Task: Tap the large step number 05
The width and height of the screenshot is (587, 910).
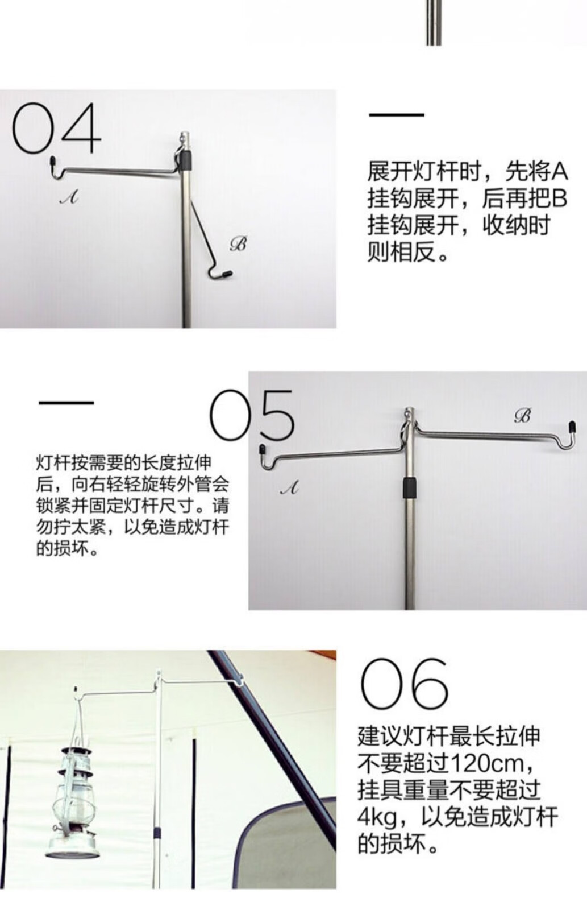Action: click(252, 416)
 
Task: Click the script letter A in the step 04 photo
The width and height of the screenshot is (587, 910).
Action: click(69, 197)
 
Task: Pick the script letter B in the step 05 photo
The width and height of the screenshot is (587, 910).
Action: click(523, 416)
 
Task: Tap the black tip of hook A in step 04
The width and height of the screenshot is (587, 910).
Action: click(52, 160)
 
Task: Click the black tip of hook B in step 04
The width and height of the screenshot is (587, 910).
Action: click(226, 274)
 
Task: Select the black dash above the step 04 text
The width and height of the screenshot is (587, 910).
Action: click(397, 115)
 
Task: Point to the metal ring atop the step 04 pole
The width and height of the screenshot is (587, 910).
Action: click(183, 138)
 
